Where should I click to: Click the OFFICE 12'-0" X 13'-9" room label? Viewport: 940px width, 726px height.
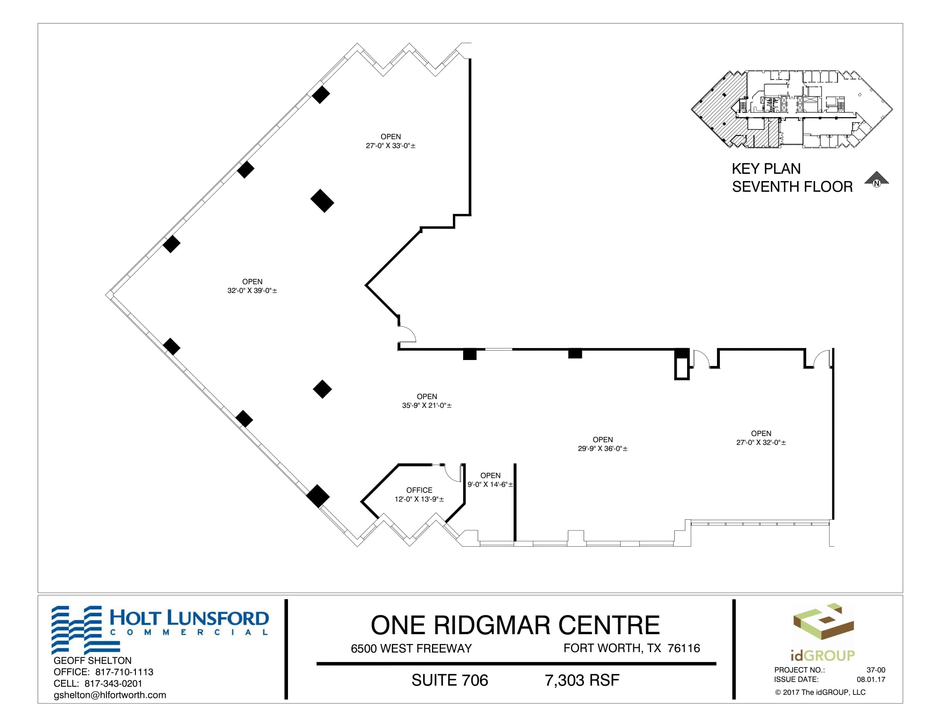(x=419, y=495)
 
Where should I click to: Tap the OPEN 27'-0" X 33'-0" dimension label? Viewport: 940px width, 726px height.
(x=391, y=141)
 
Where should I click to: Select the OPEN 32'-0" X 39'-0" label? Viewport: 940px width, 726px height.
(x=252, y=286)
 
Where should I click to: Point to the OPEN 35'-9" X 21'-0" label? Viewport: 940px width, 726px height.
(x=427, y=401)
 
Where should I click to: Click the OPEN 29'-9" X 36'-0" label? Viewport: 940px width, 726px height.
(x=602, y=444)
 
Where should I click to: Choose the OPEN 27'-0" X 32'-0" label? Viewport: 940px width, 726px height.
(x=761, y=438)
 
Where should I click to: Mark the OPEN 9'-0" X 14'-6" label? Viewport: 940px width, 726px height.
(x=490, y=480)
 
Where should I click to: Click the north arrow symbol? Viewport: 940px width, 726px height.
(x=876, y=180)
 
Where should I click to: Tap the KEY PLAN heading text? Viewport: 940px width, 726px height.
(x=766, y=169)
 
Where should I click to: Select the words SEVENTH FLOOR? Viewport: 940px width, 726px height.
(x=792, y=187)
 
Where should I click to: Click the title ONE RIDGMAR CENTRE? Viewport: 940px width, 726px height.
(x=515, y=625)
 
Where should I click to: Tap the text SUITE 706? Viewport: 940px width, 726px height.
(x=450, y=680)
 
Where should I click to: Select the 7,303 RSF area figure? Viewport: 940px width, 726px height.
(x=582, y=680)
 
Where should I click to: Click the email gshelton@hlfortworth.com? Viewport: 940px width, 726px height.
(x=110, y=695)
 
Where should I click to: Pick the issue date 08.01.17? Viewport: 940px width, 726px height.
(x=871, y=679)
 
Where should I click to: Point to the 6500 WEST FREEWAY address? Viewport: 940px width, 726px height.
(x=411, y=649)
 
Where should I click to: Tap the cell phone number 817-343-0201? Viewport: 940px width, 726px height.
(x=113, y=683)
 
